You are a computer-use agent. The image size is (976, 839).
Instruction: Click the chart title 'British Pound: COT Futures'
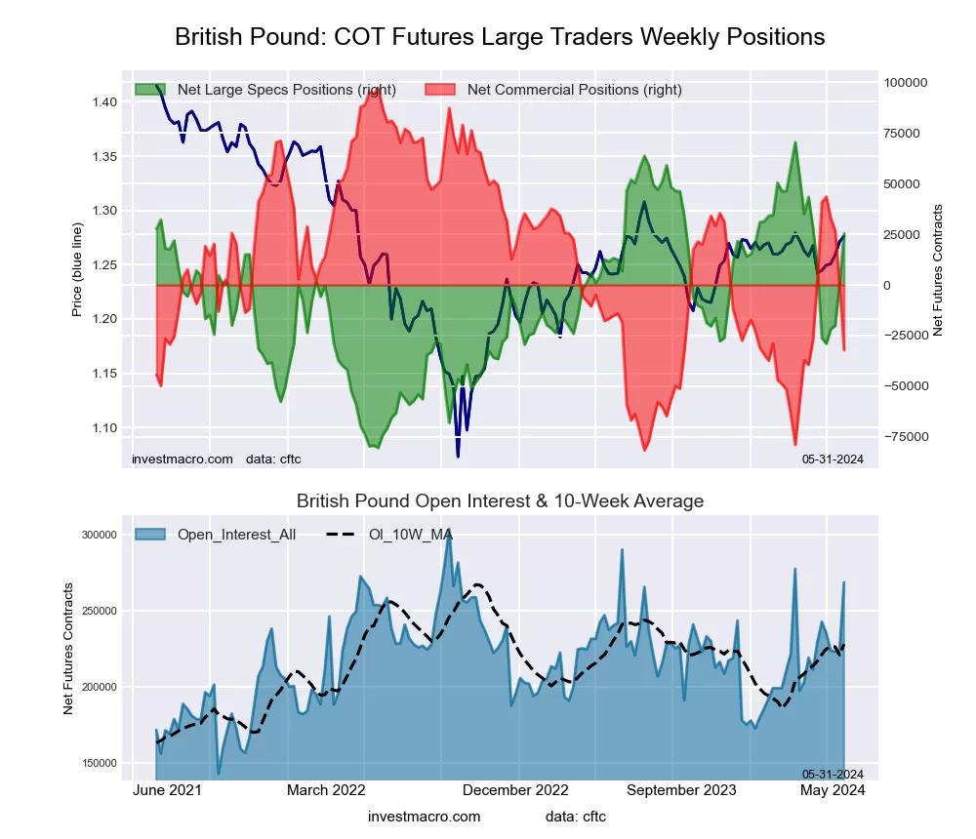[x=500, y=37]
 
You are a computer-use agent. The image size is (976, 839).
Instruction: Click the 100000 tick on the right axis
[x=906, y=83]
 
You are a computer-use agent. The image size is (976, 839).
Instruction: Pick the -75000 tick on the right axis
[x=906, y=437]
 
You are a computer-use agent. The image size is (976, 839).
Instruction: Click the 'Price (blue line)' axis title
[x=77, y=270]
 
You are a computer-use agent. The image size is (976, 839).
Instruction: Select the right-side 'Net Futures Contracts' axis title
[x=939, y=270]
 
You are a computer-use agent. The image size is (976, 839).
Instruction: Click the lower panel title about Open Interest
[x=500, y=501]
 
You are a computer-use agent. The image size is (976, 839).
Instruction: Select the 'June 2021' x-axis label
[x=166, y=790]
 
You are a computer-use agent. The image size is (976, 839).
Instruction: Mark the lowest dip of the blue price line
[x=458, y=455]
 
